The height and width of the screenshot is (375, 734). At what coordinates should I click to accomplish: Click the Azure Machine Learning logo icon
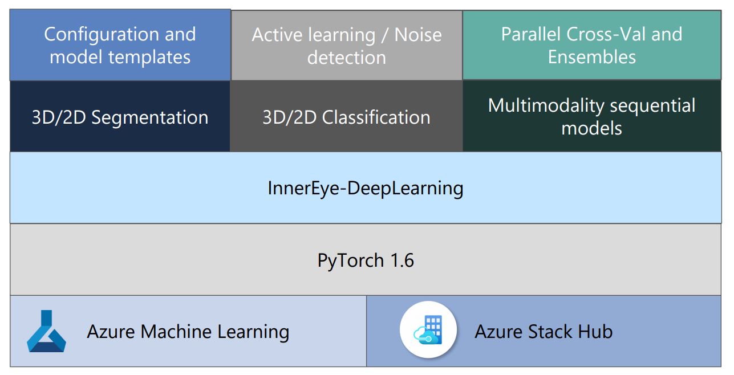click(x=46, y=331)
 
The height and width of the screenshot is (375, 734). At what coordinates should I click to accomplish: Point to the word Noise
click(x=418, y=35)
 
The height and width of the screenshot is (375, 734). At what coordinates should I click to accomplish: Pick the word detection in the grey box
click(x=347, y=58)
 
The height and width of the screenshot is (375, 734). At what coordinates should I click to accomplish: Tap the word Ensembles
click(x=592, y=57)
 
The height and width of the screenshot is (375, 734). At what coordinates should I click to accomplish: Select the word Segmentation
click(x=149, y=117)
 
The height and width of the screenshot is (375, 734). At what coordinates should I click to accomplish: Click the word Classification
click(x=376, y=117)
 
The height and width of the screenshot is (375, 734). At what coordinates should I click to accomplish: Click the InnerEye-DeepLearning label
click(x=365, y=188)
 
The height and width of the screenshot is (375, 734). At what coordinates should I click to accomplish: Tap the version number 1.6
click(x=402, y=260)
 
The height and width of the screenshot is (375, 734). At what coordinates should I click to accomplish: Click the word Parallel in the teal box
click(x=532, y=34)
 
